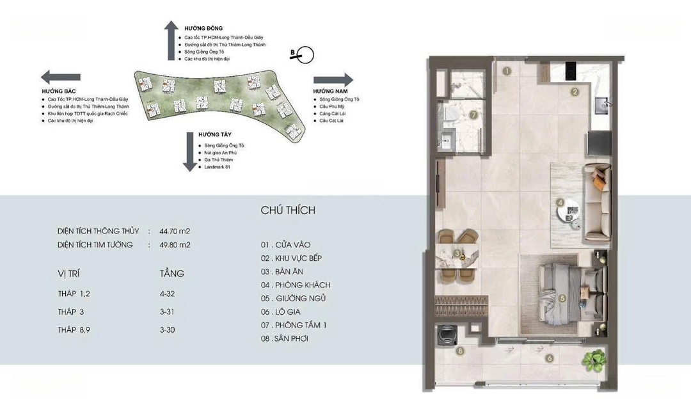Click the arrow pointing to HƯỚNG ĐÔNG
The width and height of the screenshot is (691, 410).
pos(171,40)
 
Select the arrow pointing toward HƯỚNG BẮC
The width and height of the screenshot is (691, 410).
pos(61,77)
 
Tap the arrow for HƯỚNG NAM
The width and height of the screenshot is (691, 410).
pos(333,80)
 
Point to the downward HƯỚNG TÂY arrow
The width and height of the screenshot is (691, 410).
pos(190,152)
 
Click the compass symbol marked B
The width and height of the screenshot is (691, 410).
pos(303,54)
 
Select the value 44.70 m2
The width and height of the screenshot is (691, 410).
pos(175,231)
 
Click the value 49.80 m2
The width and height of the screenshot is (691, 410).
pos(175,245)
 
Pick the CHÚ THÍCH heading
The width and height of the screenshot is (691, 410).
pos(288,210)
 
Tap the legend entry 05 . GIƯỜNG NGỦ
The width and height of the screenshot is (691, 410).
pos(293,299)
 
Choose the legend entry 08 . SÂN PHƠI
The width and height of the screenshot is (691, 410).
pos(284,338)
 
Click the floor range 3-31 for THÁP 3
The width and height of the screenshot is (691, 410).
pos(167,311)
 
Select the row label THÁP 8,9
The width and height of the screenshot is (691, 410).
pos(74,330)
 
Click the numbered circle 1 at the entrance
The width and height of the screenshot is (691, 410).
pos(507,70)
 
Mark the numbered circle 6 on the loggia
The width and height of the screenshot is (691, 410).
pos(549,358)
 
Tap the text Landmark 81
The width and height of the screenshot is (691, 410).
pos(218,167)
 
